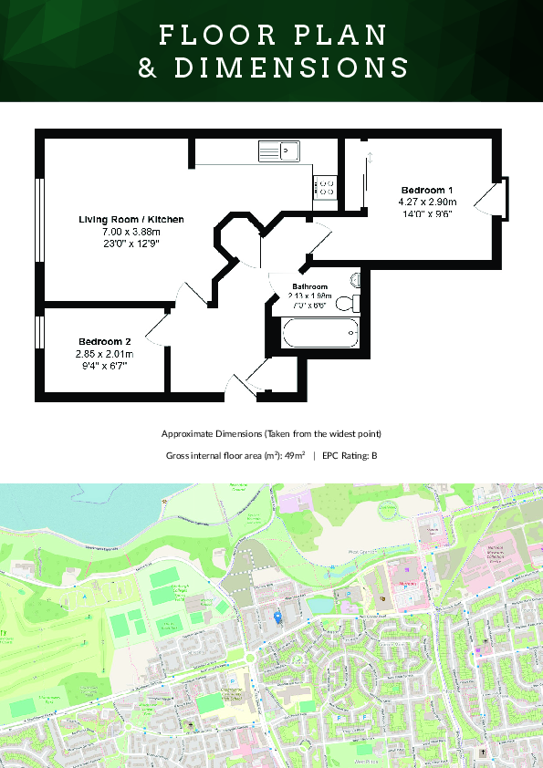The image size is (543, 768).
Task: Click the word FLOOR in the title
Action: tap(213, 35)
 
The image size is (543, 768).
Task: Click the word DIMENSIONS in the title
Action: tap(289, 67)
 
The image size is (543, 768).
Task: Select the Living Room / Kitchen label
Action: tap(131, 220)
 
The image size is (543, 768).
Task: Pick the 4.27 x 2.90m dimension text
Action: tap(427, 202)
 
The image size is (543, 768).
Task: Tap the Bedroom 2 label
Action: tap(104, 342)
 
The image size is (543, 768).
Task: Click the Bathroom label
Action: tap(309, 286)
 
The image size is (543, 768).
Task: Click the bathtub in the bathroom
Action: tap(318, 334)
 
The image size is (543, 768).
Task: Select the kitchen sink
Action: tap(279, 150)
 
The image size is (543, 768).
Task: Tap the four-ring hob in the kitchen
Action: tap(326, 187)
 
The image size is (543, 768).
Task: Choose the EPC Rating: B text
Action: tap(348, 455)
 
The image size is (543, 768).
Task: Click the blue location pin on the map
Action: tap(278, 618)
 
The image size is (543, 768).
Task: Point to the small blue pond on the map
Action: tap(319, 605)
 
